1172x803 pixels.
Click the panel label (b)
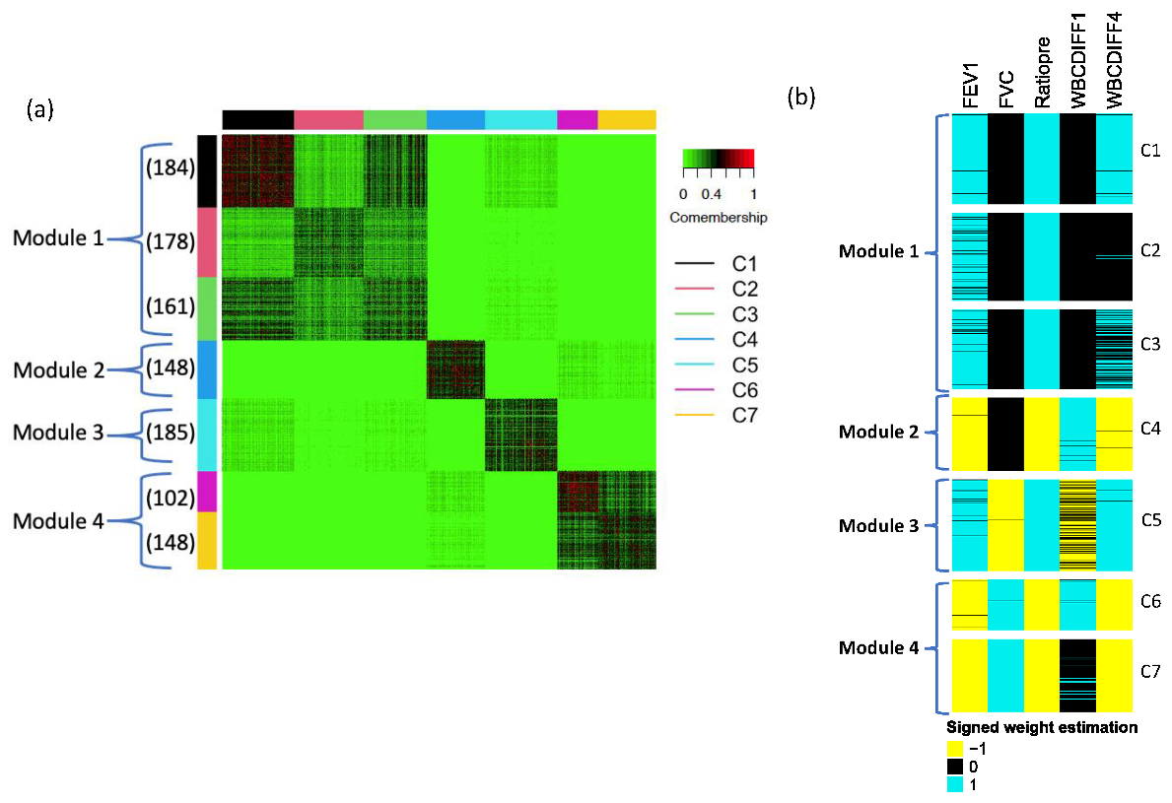pyautogui.click(x=801, y=97)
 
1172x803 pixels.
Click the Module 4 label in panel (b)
pyautogui.click(x=878, y=647)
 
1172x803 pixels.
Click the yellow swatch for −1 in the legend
pyautogui.click(x=955, y=748)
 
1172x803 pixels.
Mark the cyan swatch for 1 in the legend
pyautogui.click(x=955, y=785)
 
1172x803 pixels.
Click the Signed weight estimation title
pyautogui.click(x=1042, y=728)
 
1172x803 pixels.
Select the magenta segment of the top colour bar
pyautogui.click(x=578, y=119)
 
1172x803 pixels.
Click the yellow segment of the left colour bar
pyautogui.click(x=207, y=540)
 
